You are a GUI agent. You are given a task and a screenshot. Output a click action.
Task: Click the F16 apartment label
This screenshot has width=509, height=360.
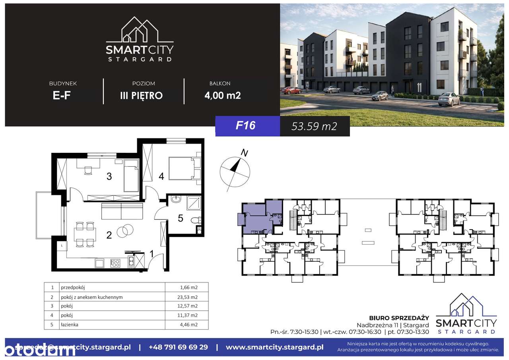(245, 125)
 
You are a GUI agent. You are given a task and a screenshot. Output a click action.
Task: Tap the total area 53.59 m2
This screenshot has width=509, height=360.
(314, 126)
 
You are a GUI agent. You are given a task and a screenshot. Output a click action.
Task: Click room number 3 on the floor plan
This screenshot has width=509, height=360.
(109, 177)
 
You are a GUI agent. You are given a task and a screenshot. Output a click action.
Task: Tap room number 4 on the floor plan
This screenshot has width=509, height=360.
(161, 177)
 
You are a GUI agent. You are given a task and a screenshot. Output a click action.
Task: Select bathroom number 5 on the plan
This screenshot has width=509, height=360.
(180, 218)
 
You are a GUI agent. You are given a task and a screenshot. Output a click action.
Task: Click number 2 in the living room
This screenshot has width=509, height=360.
(109, 235)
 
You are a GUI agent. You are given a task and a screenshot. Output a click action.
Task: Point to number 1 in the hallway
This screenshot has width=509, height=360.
(151, 253)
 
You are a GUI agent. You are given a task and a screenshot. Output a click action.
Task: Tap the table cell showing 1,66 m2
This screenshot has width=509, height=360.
(189, 287)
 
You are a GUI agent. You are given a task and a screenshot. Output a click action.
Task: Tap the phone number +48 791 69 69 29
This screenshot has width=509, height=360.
(178, 347)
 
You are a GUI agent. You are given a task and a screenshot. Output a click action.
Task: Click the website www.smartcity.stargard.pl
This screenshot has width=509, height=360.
(274, 347)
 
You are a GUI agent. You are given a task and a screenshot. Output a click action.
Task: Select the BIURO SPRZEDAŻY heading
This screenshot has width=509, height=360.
(403, 317)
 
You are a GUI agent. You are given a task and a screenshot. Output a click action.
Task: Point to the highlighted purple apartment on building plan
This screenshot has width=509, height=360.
(256, 217)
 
